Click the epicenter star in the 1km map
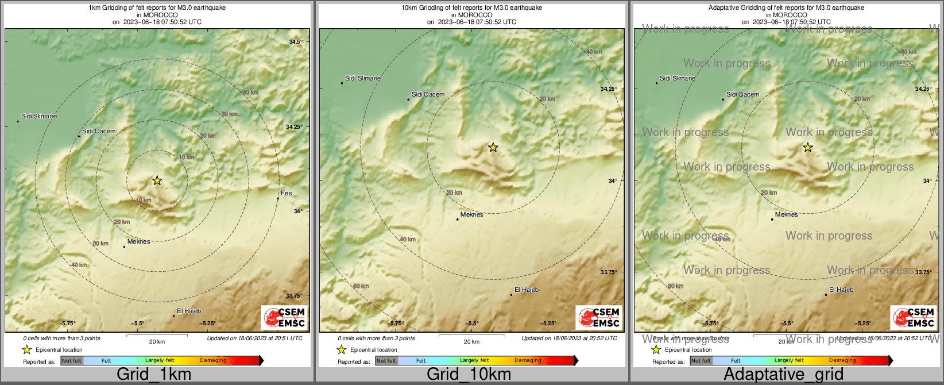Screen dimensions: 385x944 [x=157, y=180]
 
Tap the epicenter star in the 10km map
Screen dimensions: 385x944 [x=493, y=148]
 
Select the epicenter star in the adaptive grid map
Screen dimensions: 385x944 [x=807, y=148]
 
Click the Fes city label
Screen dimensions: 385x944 [x=286, y=193]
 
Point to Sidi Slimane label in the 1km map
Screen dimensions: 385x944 [x=39, y=116]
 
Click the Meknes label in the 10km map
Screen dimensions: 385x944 [x=471, y=214]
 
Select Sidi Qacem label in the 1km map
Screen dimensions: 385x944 [x=99, y=131]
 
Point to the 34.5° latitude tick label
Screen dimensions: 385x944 [x=296, y=42]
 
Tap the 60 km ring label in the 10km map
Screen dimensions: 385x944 [x=361, y=286]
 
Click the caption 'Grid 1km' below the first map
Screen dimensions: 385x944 [x=154, y=375]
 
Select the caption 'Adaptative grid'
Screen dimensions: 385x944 [x=783, y=375]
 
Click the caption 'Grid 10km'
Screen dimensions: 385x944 [x=469, y=375]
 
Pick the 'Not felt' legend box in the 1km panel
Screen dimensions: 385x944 [x=72, y=361]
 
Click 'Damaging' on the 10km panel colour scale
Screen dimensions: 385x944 [x=528, y=360]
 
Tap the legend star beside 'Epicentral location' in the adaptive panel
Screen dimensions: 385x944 [x=656, y=349]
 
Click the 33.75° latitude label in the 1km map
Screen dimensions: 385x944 [x=293, y=296]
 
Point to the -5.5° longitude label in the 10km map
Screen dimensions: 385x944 [x=471, y=324]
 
